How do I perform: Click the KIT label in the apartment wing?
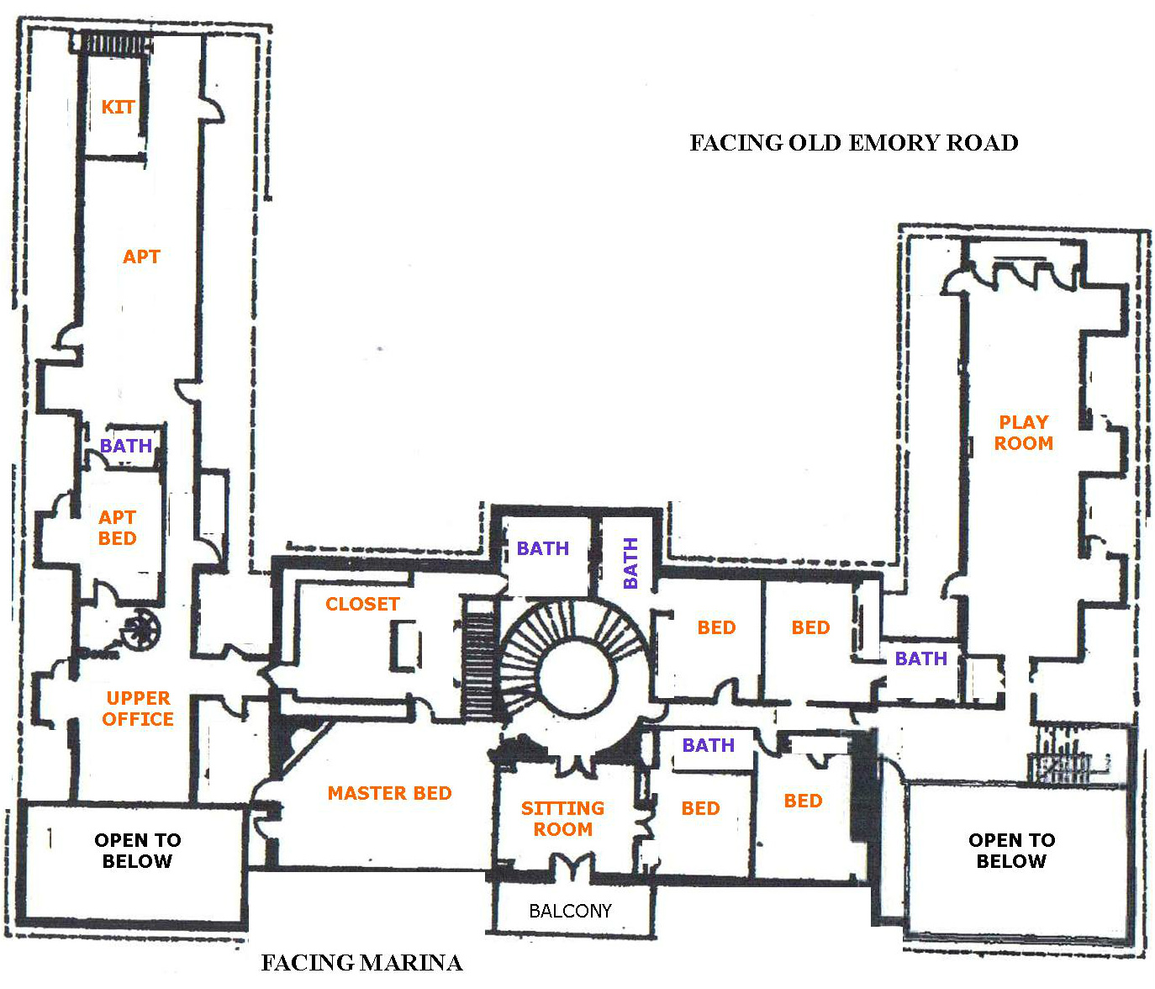pos(118,107)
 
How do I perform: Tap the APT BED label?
pos(118,528)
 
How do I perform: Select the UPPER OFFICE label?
pos(138,709)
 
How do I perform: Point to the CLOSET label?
pos(362,604)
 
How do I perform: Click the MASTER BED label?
pos(389,793)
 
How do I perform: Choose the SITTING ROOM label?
pos(562,818)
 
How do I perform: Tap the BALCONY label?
pos(570,911)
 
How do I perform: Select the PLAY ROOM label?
pos(1023,433)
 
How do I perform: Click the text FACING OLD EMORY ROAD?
pos(854,143)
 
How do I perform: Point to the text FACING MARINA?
pos(361,963)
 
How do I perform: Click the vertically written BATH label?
pos(630,563)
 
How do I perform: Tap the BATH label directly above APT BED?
pos(126,446)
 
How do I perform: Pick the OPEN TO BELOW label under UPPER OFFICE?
pos(137,850)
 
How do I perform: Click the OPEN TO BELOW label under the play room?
pos(1011,850)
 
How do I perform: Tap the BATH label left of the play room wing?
pos(920,658)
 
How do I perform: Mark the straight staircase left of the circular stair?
pos(480,664)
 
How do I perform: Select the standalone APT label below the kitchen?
pos(141,257)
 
